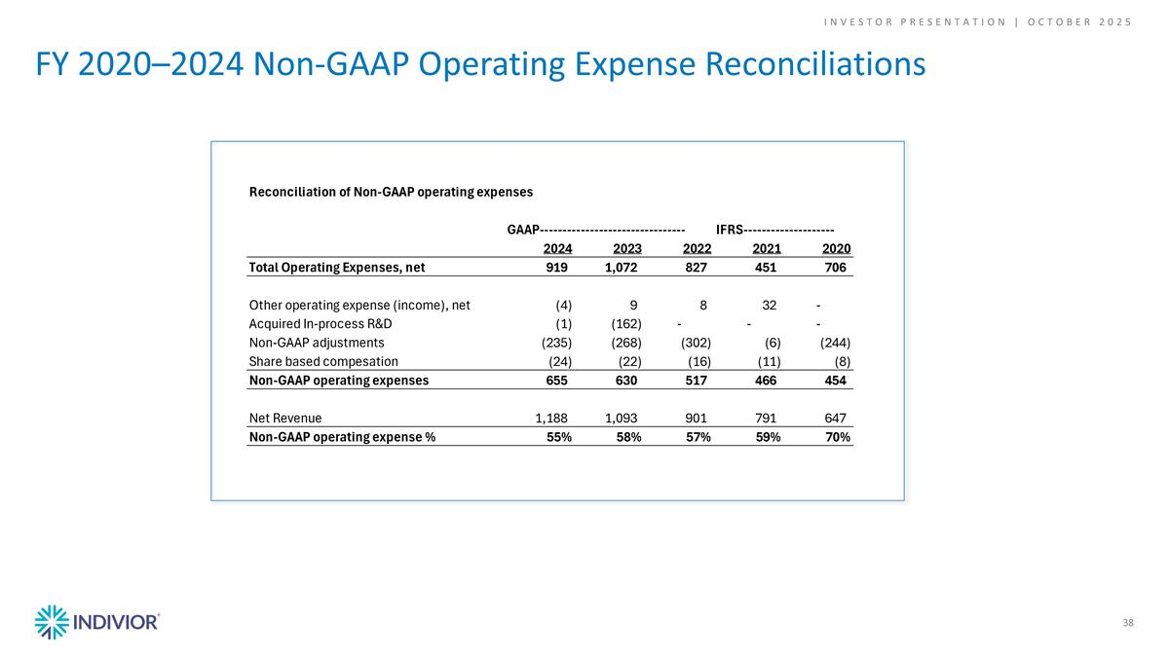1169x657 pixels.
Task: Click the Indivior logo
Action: (x=96, y=622)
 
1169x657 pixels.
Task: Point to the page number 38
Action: (x=1127, y=622)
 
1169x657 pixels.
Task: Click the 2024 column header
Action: (x=557, y=248)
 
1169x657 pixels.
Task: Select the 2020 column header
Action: (x=836, y=248)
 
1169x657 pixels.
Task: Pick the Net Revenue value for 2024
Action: (x=553, y=419)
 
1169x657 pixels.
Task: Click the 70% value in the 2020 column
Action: (x=836, y=437)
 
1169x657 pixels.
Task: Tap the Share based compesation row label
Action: (x=323, y=361)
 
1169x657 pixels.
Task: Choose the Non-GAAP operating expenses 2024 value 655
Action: (x=559, y=381)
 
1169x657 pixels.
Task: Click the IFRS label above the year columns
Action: (x=730, y=230)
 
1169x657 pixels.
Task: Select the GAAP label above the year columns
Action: (x=523, y=230)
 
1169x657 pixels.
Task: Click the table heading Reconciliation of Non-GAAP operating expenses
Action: (x=391, y=192)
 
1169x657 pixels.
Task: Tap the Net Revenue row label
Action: (x=285, y=419)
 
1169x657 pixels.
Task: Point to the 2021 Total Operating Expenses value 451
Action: (x=767, y=267)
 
